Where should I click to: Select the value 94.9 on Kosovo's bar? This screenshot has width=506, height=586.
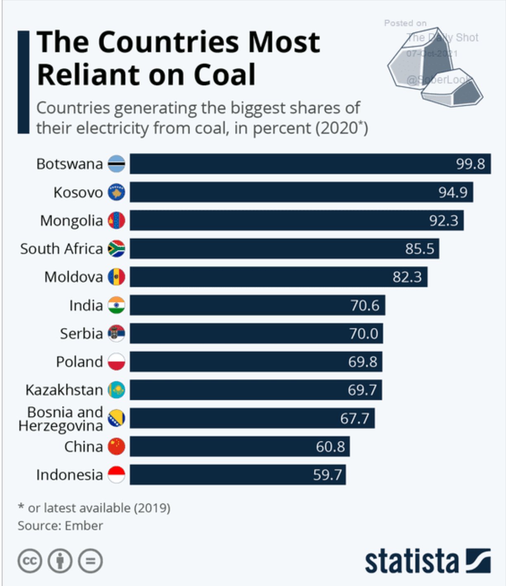coord(453,192)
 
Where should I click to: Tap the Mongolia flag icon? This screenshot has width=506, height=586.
coord(116,220)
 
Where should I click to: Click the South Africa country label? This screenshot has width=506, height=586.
coord(61,249)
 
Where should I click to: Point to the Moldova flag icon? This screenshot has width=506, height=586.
coord(116,277)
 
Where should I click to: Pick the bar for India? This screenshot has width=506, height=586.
coord(257,305)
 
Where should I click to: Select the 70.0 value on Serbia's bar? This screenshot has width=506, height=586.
coord(364,333)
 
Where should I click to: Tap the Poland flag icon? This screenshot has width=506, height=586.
coord(116,362)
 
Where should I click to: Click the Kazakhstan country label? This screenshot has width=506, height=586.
coord(64,390)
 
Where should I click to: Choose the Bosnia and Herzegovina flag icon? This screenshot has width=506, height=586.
coord(116,418)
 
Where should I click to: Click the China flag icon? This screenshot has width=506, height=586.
coord(116,447)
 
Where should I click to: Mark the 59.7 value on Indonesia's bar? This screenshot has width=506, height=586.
coord(327,475)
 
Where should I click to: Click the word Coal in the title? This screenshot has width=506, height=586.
coord(225,75)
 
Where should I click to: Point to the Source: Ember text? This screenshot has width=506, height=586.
coord(60,526)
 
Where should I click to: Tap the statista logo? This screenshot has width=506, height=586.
coord(428,561)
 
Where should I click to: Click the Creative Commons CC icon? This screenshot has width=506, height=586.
coord(30,561)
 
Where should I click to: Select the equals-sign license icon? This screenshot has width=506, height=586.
coord(90,561)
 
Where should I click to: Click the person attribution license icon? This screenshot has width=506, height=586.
coord(60,561)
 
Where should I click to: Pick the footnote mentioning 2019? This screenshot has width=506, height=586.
coord(94,508)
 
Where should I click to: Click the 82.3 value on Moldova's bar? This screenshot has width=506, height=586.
coord(407,277)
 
